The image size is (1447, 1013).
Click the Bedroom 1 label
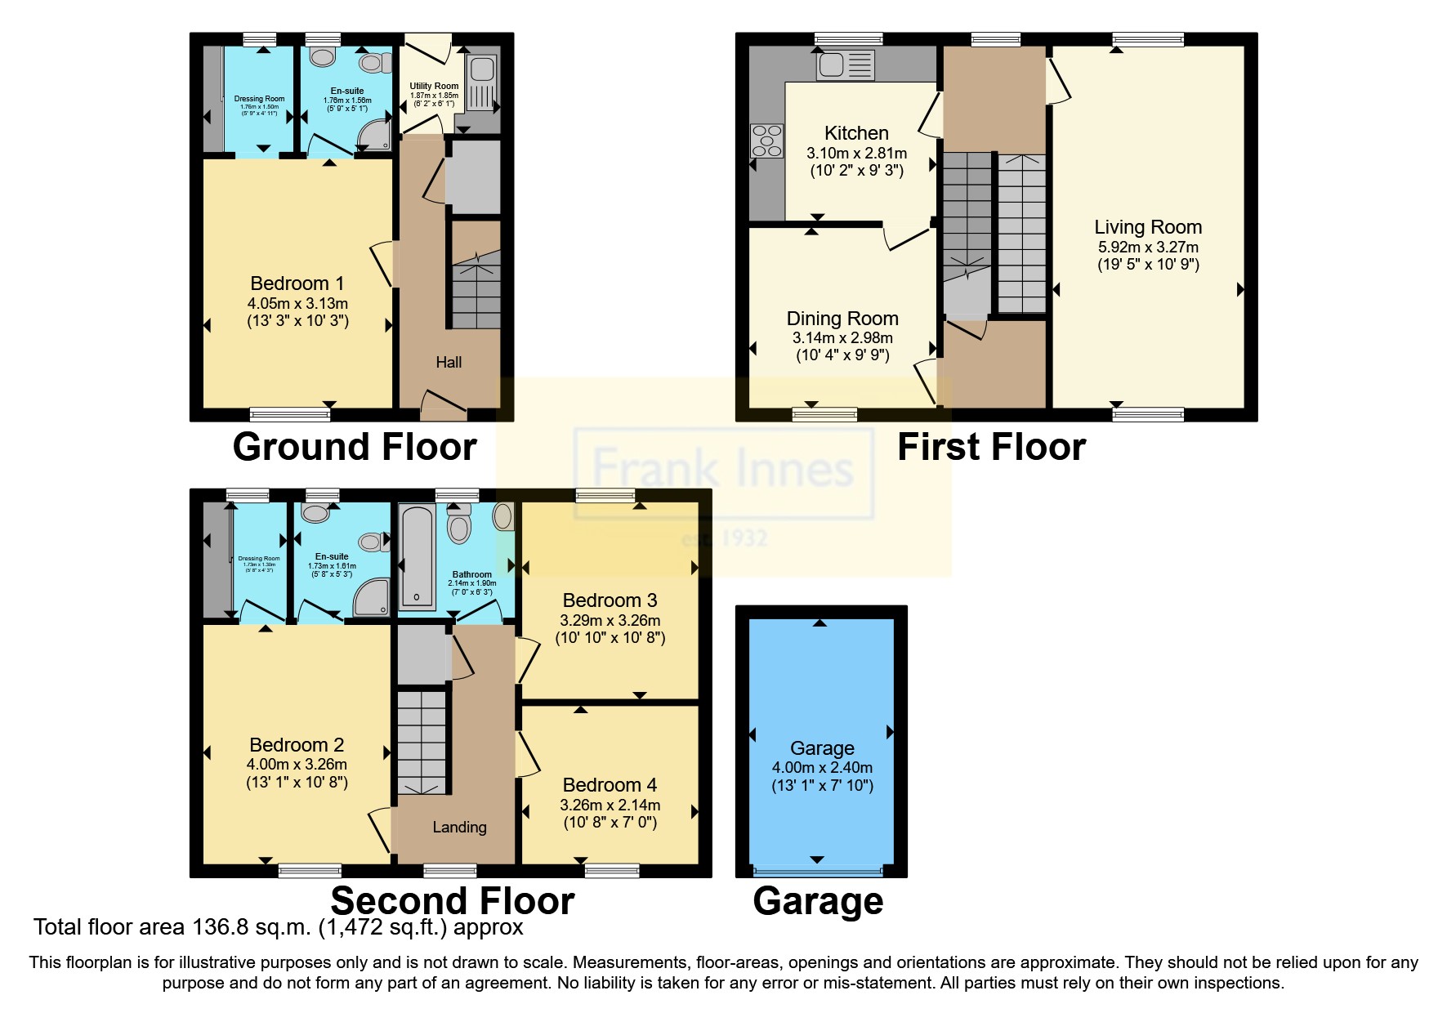(x=297, y=283)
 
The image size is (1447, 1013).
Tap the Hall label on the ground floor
(x=449, y=362)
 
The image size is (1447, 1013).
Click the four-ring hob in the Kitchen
(x=766, y=140)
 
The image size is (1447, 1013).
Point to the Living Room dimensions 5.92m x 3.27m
(x=1148, y=247)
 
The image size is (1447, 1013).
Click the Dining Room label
(x=842, y=319)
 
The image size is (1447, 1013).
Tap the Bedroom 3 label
(x=610, y=600)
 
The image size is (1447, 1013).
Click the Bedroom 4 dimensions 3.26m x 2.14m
(x=610, y=805)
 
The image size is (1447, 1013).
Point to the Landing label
(x=459, y=827)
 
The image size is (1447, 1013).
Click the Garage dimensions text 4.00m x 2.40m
(x=822, y=767)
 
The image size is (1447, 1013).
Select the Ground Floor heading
(x=355, y=447)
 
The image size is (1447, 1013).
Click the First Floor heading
(x=991, y=447)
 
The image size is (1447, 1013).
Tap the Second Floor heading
(x=452, y=900)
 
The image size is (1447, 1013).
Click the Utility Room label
(x=434, y=86)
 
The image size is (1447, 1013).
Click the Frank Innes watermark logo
(x=723, y=470)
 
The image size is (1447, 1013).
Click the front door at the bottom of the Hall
(x=443, y=402)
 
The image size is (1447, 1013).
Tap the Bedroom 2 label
(x=297, y=745)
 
